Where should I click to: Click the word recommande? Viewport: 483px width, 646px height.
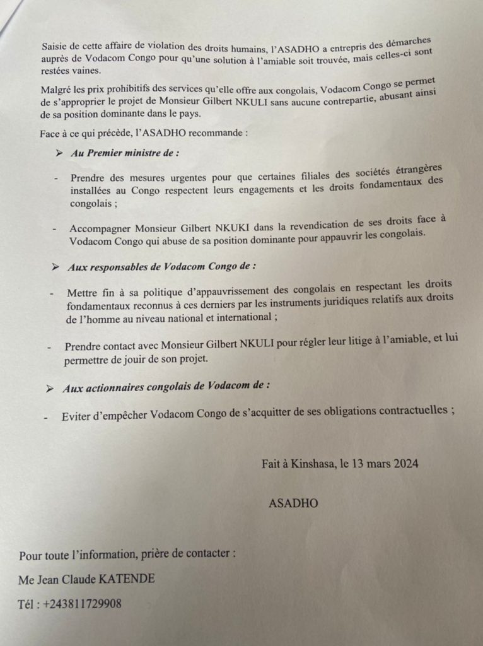[218, 134]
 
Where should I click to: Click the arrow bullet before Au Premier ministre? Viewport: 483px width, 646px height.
[59, 154]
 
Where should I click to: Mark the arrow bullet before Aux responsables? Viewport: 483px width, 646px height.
[56, 267]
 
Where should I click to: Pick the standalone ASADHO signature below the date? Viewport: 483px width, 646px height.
[293, 503]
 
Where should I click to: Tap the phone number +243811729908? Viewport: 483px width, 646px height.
[79, 604]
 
